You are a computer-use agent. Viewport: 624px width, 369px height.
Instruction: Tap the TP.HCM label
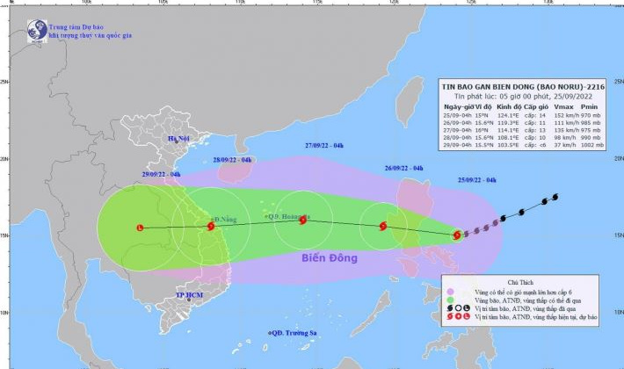pos(189,295)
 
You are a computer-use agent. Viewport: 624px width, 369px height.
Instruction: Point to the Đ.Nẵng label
pos(226,219)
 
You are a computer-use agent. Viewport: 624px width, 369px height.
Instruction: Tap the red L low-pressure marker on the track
pos(140,228)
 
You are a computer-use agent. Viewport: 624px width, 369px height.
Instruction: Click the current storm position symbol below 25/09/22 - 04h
pos(457,235)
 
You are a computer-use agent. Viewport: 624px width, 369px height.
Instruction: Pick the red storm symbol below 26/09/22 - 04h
pos(383,227)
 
